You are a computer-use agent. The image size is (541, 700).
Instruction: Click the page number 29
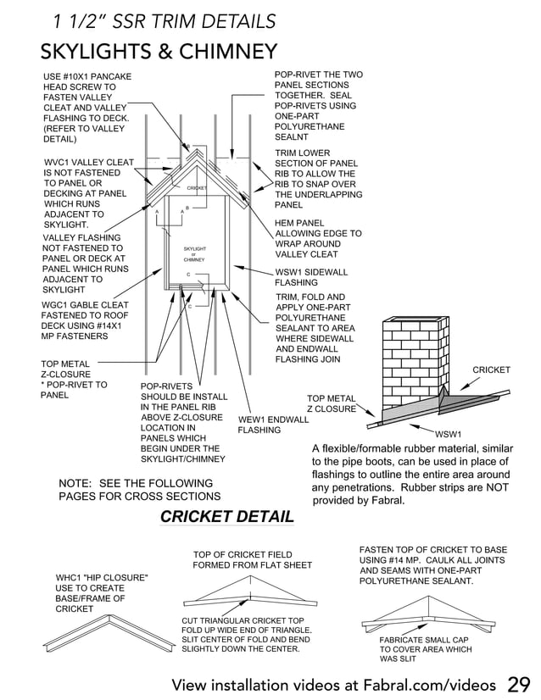pyautogui.click(x=519, y=684)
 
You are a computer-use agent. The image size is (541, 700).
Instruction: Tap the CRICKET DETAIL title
pyautogui.click(x=227, y=516)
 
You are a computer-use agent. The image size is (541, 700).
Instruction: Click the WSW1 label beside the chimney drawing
pyautogui.click(x=448, y=435)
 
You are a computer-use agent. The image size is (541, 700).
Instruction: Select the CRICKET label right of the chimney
pyautogui.click(x=491, y=369)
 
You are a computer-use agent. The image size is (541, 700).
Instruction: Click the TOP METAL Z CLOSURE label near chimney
pyautogui.click(x=332, y=403)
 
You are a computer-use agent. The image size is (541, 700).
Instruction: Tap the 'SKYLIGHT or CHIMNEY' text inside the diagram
pyautogui.click(x=195, y=253)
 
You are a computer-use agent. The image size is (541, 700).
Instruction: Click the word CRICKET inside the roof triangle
pyautogui.click(x=197, y=187)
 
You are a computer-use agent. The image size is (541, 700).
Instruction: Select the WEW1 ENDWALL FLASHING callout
pyautogui.click(x=273, y=425)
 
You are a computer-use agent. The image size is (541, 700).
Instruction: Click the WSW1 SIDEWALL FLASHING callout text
pyautogui.click(x=311, y=277)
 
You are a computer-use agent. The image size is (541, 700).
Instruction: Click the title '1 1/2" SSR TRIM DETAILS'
pyautogui.click(x=164, y=21)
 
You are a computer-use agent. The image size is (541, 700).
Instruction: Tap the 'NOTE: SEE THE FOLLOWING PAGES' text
pyautogui.click(x=139, y=489)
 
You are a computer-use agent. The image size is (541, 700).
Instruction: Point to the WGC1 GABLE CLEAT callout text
pyautogui.click(x=85, y=320)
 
